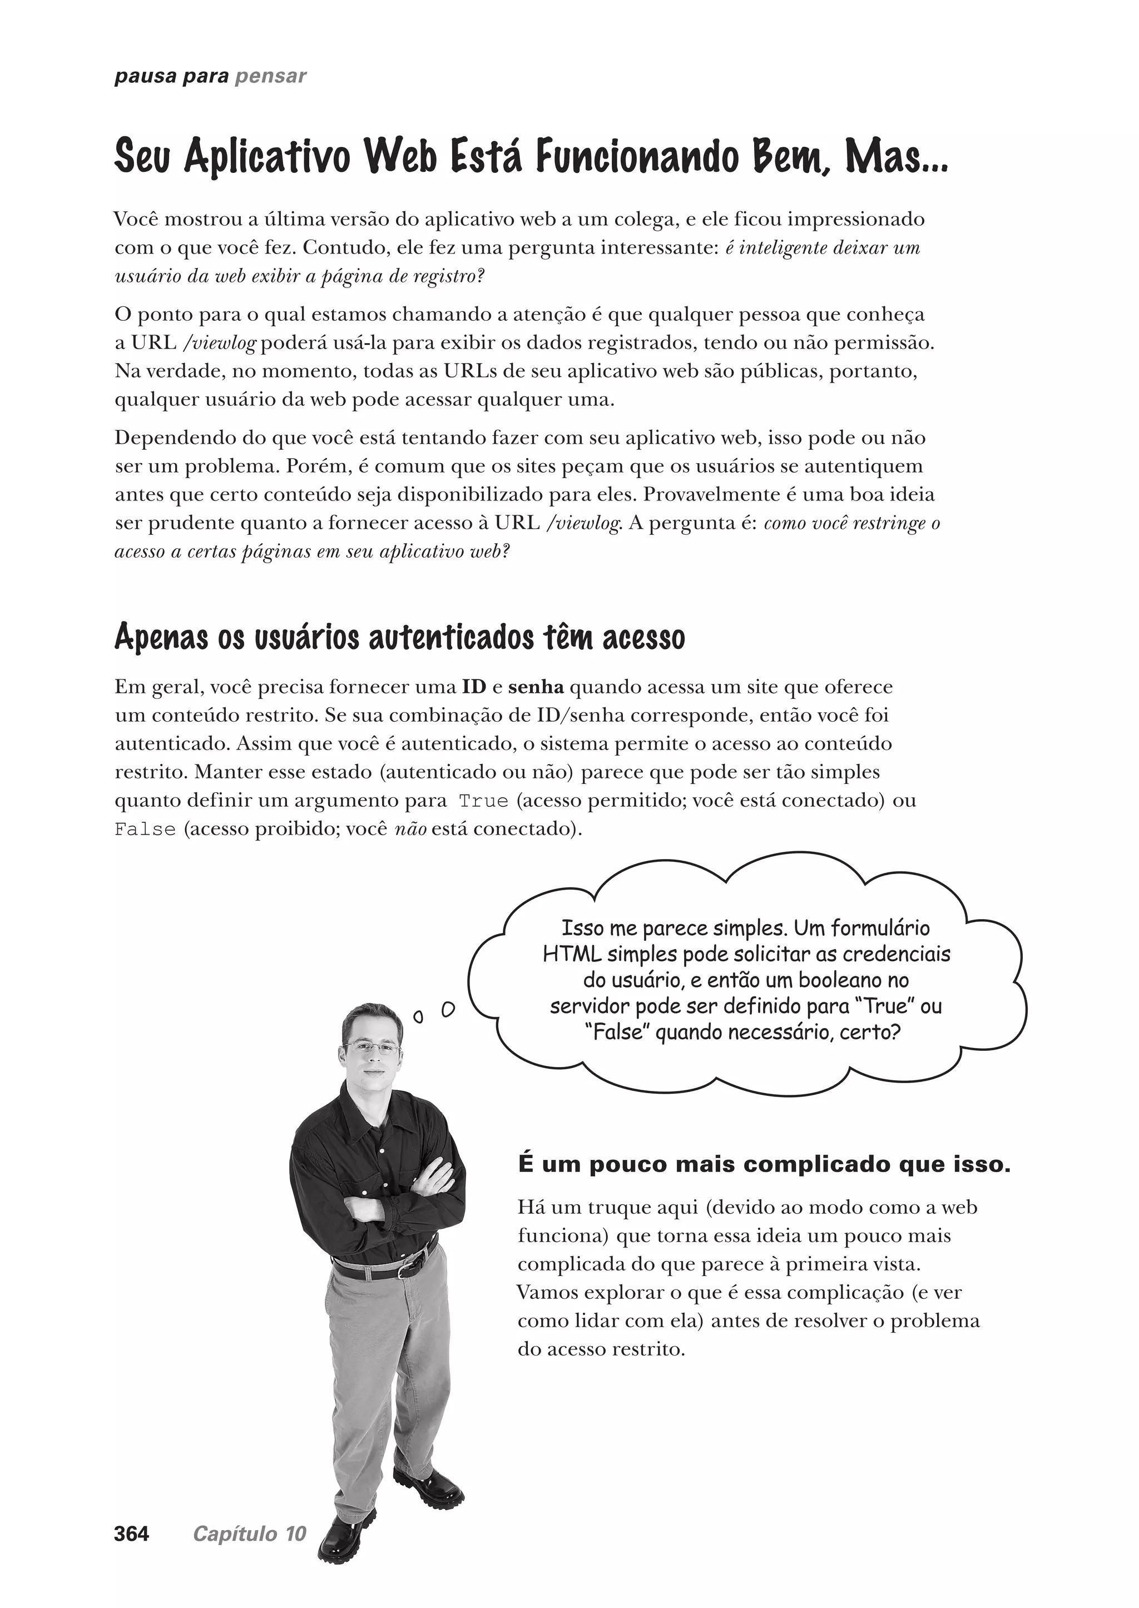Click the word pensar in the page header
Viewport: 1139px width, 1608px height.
coord(271,76)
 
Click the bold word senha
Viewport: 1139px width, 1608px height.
coord(536,687)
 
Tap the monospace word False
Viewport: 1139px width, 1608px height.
coord(145,830)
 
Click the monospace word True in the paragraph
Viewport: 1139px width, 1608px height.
coord(483,801)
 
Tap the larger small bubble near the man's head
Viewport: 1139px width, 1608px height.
coord(448,1009)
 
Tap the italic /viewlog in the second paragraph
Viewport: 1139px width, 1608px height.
coord(220,343)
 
